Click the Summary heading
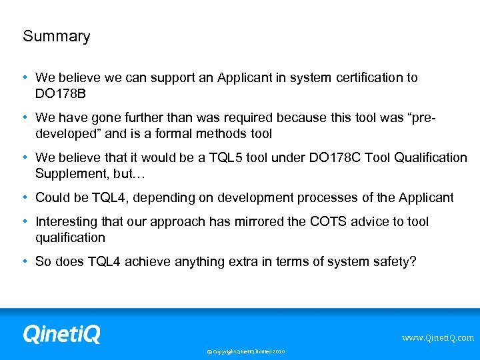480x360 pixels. [56, 37]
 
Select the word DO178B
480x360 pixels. [61, 93]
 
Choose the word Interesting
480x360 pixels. [67, 221]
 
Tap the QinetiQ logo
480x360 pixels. [61, 333]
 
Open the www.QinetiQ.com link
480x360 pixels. [437, 338]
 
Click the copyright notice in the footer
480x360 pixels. [245, 351]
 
